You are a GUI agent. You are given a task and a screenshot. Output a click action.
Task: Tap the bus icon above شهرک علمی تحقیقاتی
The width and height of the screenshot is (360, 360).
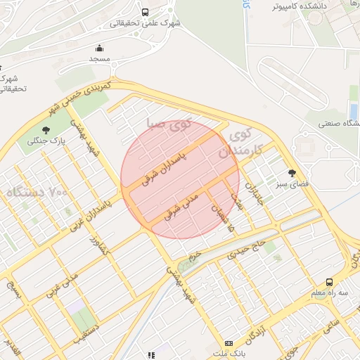pyautogui.click(x=145, y=12)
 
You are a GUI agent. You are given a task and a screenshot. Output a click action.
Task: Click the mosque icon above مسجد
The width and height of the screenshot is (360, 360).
pyautogui.click(x=99, y=49)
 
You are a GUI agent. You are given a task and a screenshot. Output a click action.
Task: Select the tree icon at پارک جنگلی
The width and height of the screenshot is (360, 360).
pyautogui.click(x=46, y=130)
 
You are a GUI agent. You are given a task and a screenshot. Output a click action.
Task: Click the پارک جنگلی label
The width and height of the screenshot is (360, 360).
pyautogui.click(x=46, y=141)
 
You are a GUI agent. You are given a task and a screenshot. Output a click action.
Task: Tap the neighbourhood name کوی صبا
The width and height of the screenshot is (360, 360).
pyautogui.click(x=169, y=124)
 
